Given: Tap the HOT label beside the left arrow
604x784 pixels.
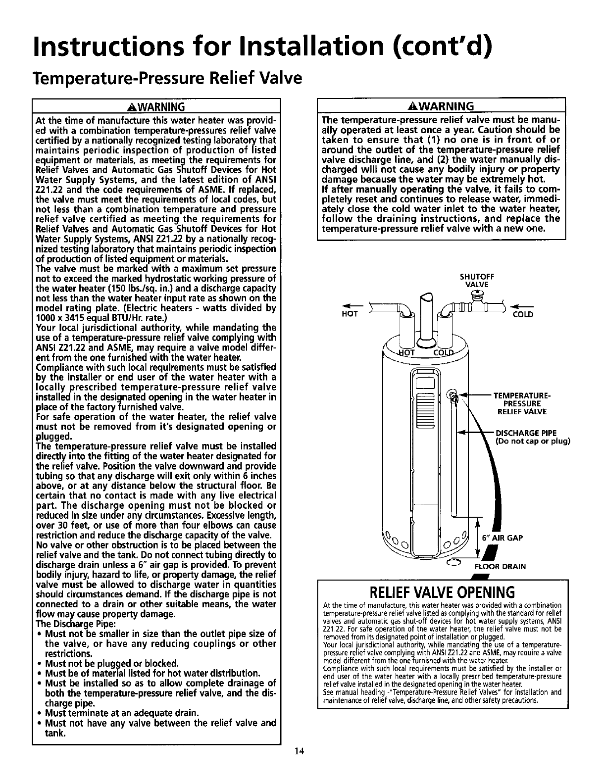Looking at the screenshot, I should point(350,314).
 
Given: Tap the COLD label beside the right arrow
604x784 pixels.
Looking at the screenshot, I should point(523,314).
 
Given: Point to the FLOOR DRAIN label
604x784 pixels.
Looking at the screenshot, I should point(500,566).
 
